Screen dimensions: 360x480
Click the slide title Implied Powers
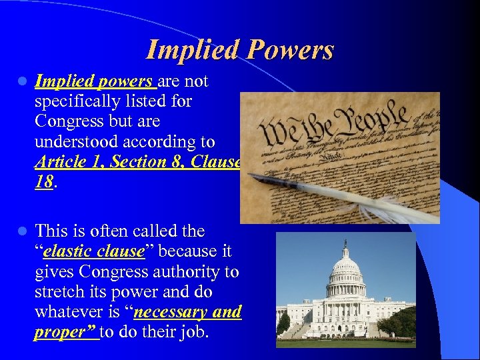coord(239,50)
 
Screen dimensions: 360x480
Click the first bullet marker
coord(22,82)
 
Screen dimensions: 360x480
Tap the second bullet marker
coord(22,232)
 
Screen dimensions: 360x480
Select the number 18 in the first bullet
coord(43,181)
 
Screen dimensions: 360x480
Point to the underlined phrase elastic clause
coord(93,252)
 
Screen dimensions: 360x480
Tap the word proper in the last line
coord(61,332)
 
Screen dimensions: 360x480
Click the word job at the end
coord(193,332)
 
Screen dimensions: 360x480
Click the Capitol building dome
coord(345,267)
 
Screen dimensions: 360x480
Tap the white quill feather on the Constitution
coord(373,203)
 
